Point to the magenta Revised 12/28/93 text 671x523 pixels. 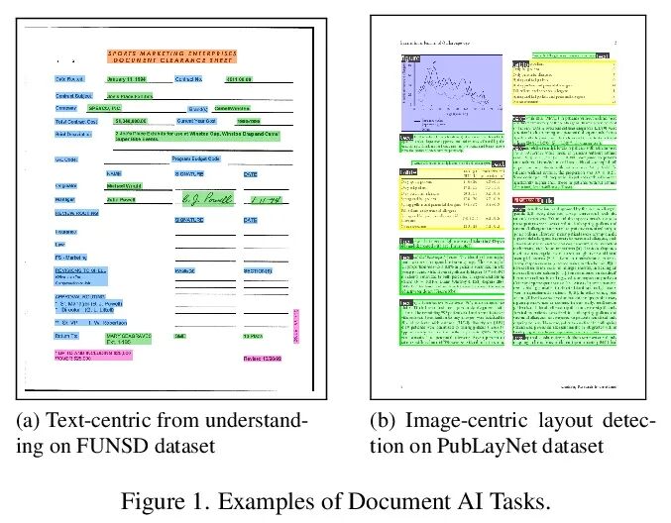(x=263, y=359)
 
